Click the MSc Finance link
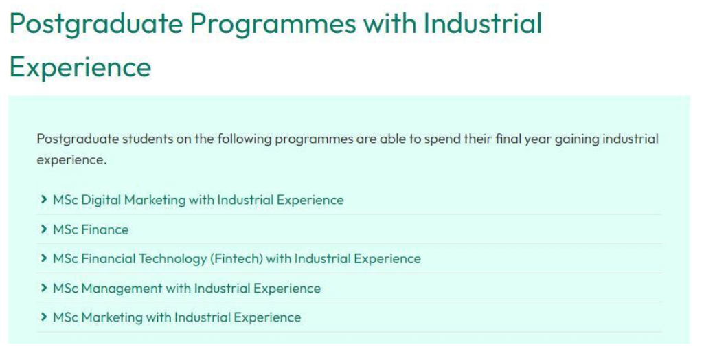point(91,229)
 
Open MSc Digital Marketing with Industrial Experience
point(198,200)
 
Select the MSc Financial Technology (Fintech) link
point(236,259)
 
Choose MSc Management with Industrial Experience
point(187,288)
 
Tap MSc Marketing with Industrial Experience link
point(177,317)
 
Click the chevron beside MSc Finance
point(43,229)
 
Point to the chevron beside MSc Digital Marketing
point(43,200)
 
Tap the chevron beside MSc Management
point(43,288)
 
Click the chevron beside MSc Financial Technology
point(43,258)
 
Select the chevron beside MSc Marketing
point(43,317)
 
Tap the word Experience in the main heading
point(80,67)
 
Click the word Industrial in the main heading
point(483,23)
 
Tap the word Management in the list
point(122,289)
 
